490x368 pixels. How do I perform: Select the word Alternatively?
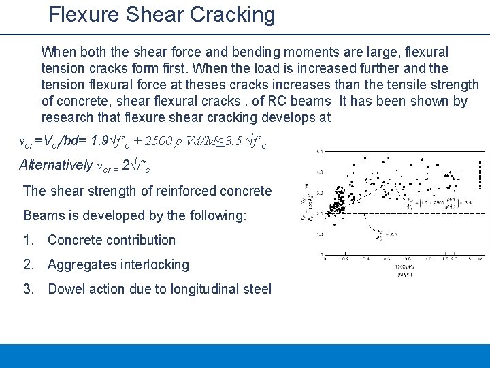[x=56, y=166]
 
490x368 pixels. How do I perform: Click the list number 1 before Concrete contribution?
[x=28, y=240]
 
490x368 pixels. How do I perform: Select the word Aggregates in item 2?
[x=79, y=264]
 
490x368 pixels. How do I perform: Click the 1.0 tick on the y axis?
[x=319, y=234]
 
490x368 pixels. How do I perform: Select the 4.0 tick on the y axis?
[x=319, y=173]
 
